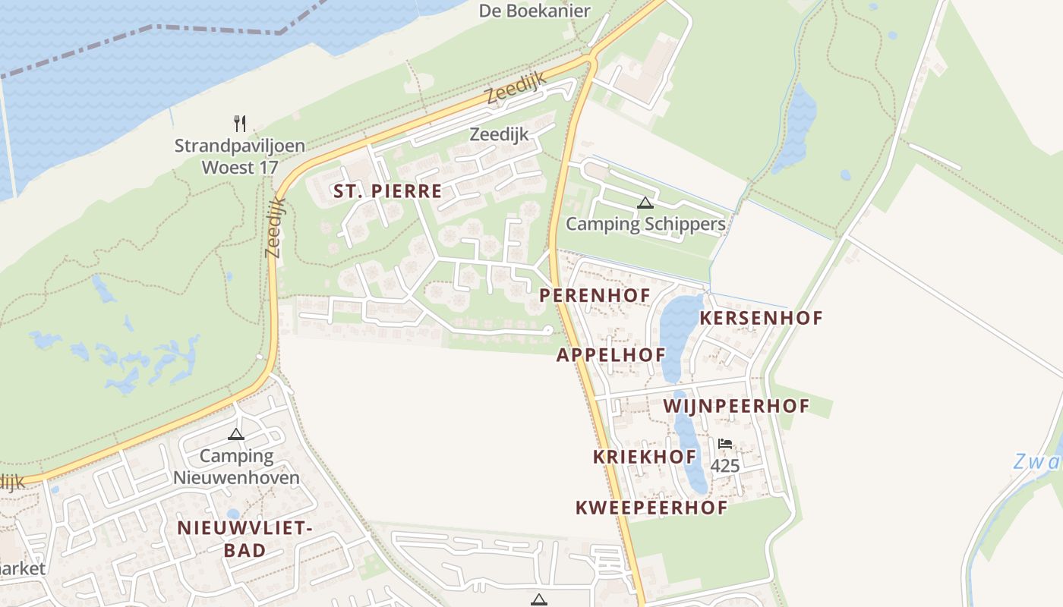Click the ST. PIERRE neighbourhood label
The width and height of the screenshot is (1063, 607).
[387, 191]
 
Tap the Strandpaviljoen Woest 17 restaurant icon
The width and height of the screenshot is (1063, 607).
[240, 123]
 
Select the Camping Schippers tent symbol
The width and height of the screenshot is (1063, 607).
[645, 203]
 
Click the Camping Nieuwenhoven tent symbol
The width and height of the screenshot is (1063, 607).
[236, 435]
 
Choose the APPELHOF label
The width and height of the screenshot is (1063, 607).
[610, 355]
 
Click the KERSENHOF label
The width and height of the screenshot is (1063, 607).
[761, 318]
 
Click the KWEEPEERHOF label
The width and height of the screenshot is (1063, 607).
[651, 508]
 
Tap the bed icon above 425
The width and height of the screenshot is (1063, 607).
[725, 444]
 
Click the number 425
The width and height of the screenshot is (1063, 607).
[725, 466]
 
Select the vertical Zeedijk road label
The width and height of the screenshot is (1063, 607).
[275, 228]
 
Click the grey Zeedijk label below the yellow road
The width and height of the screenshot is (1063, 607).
[499, 134]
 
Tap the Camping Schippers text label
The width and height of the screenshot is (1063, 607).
[645, 224]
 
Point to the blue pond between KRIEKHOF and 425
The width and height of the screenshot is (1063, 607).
[690, 455]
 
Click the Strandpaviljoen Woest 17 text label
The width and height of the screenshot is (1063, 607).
[239, 156]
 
